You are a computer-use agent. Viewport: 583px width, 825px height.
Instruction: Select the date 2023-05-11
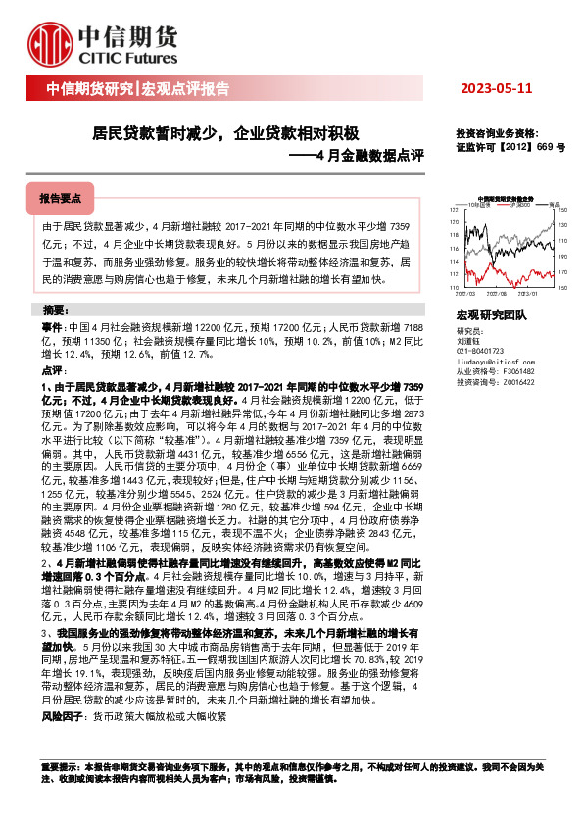(497, 89)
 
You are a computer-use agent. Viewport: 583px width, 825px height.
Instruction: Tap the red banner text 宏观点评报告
(186, 89)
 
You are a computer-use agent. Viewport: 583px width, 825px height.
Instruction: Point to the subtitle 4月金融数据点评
(370, 155)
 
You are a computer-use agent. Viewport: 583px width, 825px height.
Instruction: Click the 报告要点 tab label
(60, 198)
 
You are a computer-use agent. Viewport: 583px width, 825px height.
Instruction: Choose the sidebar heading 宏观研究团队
(492, 315)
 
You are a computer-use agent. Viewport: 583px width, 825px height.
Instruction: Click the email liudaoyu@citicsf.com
(495, 361)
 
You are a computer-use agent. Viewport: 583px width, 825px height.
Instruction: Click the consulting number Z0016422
(510, 382)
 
